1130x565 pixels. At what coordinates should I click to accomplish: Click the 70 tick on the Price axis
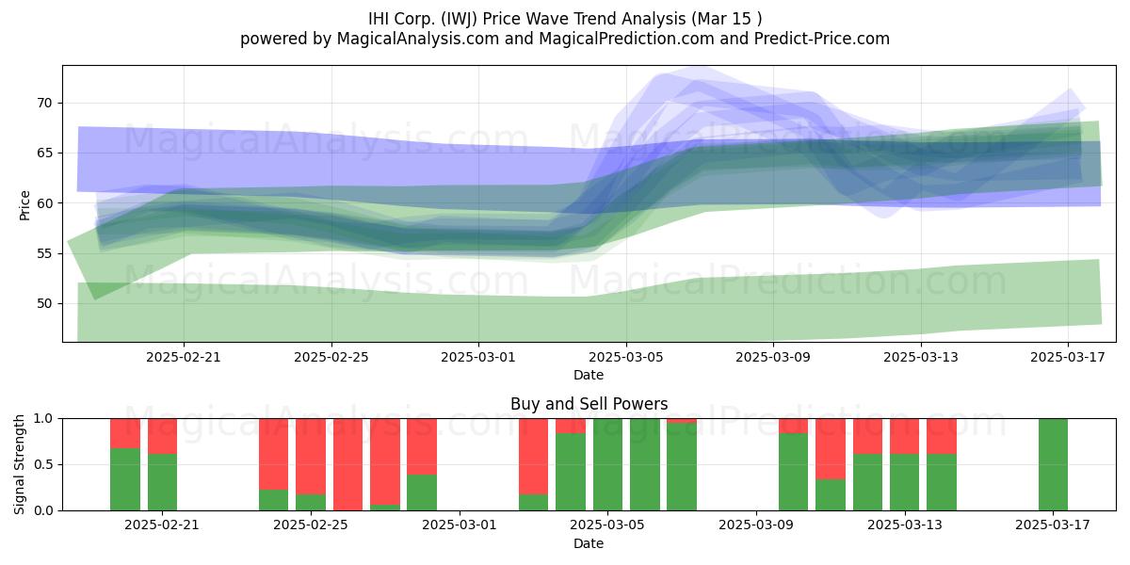click(x=44, y=104)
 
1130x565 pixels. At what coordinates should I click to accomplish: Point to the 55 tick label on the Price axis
click(x=44, y=253)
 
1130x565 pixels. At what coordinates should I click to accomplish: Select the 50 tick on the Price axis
click(x=44, y=303)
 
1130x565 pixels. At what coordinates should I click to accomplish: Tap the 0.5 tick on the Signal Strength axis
click(x=43, y=464)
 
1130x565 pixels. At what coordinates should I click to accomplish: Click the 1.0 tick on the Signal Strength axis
click(x=43, y=419)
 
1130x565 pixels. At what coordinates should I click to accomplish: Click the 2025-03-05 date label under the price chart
click(x=626, y=357)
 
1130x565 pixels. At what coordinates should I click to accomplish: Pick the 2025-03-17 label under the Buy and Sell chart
click(x=1053, y=525)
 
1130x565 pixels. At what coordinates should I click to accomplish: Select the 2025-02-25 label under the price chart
click(x=331, y=357)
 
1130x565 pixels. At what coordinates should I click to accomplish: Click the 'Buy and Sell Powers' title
click(x=589, y=404)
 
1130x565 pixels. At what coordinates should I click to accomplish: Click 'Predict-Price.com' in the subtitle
click(x=822, y=39)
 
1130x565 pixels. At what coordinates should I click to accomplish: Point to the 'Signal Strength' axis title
click(x=19, y=464)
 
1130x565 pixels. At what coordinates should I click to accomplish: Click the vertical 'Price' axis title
click(x=24, y=206)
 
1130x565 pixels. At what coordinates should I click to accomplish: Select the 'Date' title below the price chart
click(x=589, y=376)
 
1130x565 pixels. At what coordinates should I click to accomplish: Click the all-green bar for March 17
click(x=1053, y=464)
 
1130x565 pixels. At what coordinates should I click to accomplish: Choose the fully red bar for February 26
click(x=347, y=464)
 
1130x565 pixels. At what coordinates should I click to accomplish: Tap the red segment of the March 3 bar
click(x=533, y=457)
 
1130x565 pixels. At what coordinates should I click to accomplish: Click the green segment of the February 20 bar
click(x=125, y=479)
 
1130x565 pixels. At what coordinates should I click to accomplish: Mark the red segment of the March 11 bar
click(x=831, y=449)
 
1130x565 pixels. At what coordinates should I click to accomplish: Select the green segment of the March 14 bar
click(x=942, y=482)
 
